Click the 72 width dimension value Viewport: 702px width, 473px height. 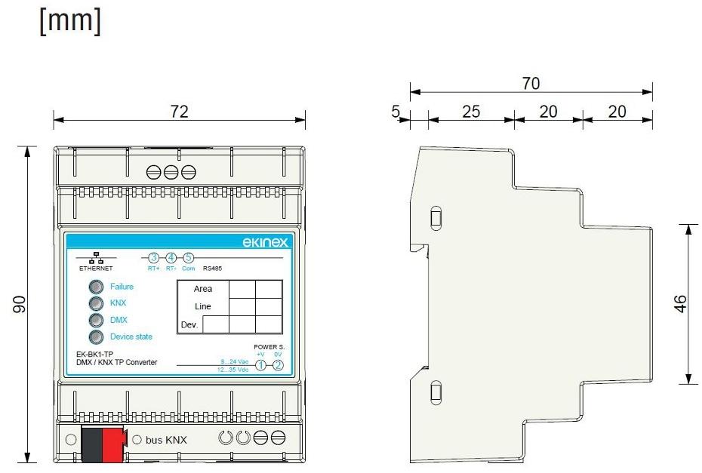[178, 111]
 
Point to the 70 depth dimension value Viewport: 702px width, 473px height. [531, 84]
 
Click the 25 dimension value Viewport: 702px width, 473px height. [471, 112]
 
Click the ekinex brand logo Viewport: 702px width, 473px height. [260, 242]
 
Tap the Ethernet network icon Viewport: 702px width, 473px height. [96, 256]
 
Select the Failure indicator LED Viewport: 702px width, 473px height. [96, 287]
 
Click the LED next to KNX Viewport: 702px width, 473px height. [96, 303]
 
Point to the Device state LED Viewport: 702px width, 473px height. [96, 337]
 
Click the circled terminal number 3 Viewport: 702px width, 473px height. [153, 258]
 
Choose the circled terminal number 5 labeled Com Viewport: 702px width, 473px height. [189, 258]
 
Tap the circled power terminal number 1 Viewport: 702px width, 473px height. [260, 365]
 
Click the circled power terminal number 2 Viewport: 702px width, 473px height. [279, 365]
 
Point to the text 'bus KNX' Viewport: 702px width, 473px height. [165, 440]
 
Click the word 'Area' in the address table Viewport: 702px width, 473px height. [202, 289]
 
